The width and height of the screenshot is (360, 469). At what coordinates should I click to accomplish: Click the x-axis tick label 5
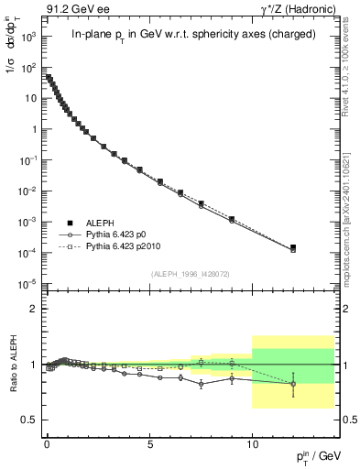149,444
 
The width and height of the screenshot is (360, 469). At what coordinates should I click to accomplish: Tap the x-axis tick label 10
252,444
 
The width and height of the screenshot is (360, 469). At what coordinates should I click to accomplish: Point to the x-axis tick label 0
47,444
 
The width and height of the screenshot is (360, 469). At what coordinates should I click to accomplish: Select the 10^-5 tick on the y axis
26,284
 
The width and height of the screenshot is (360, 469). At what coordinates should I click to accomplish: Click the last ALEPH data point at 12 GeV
293,247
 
